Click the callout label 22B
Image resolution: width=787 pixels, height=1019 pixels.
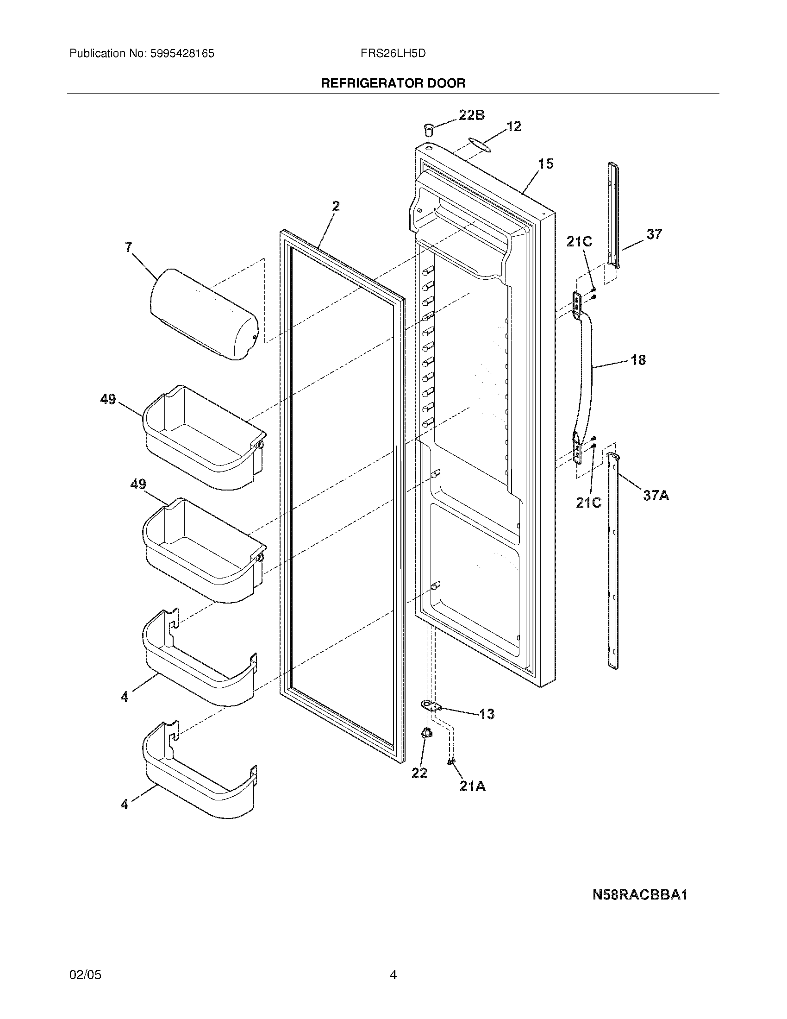coord(471,115)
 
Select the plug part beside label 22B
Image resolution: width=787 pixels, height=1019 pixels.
coord(429,128)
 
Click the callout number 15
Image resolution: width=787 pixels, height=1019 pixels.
coord(545,164)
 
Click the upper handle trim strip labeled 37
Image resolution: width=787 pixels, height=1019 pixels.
coord(614,215)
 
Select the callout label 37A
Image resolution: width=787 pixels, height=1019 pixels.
coord(656,495)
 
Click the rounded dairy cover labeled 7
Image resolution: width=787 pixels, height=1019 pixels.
coord(204,315)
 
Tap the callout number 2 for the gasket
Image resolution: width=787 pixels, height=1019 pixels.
coord(336,206)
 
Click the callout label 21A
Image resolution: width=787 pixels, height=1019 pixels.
coord(472,786)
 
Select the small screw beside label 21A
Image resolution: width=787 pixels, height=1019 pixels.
coord(450,761)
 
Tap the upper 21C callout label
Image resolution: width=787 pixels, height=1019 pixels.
coord(579,241)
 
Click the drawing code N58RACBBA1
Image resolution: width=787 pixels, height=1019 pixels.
coord(640,894)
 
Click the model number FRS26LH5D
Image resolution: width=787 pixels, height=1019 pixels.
coord(393,54)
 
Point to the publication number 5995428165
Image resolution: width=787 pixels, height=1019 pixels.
coord(182,54)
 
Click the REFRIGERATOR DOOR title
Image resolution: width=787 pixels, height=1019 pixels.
coord(393,83)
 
